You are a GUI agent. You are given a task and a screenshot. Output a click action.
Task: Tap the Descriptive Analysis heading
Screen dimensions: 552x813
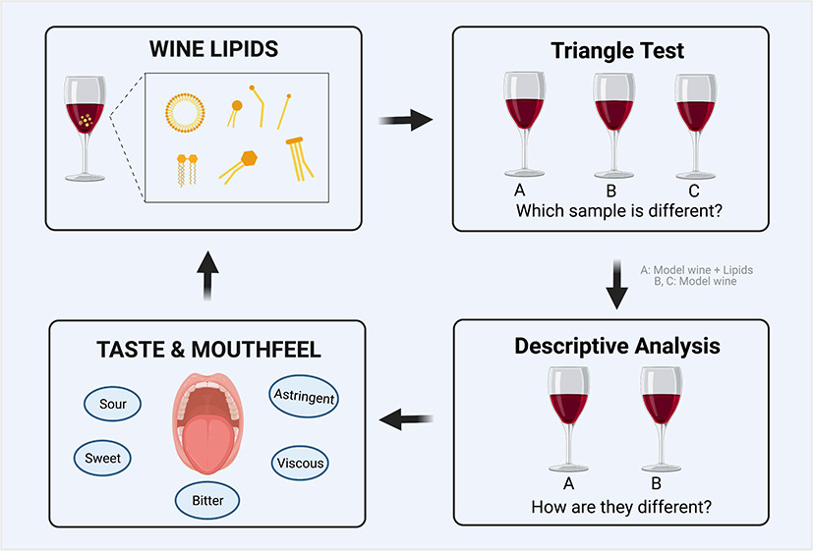(616, 346)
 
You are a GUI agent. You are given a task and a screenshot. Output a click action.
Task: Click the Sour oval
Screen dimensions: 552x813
(112, 403)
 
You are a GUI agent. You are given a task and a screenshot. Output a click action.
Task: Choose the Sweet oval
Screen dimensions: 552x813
(102, 457)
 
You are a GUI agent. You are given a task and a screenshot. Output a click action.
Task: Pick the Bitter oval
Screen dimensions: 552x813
(207, 501)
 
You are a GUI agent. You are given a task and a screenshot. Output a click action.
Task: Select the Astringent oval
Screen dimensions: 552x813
(304, 397)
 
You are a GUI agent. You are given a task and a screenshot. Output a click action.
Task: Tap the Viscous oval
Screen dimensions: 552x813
(300, 463)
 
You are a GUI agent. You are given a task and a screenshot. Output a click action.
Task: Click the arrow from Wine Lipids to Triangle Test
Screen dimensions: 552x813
(406, 120)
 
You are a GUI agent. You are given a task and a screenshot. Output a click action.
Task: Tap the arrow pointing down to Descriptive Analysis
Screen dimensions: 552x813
(617, 285)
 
